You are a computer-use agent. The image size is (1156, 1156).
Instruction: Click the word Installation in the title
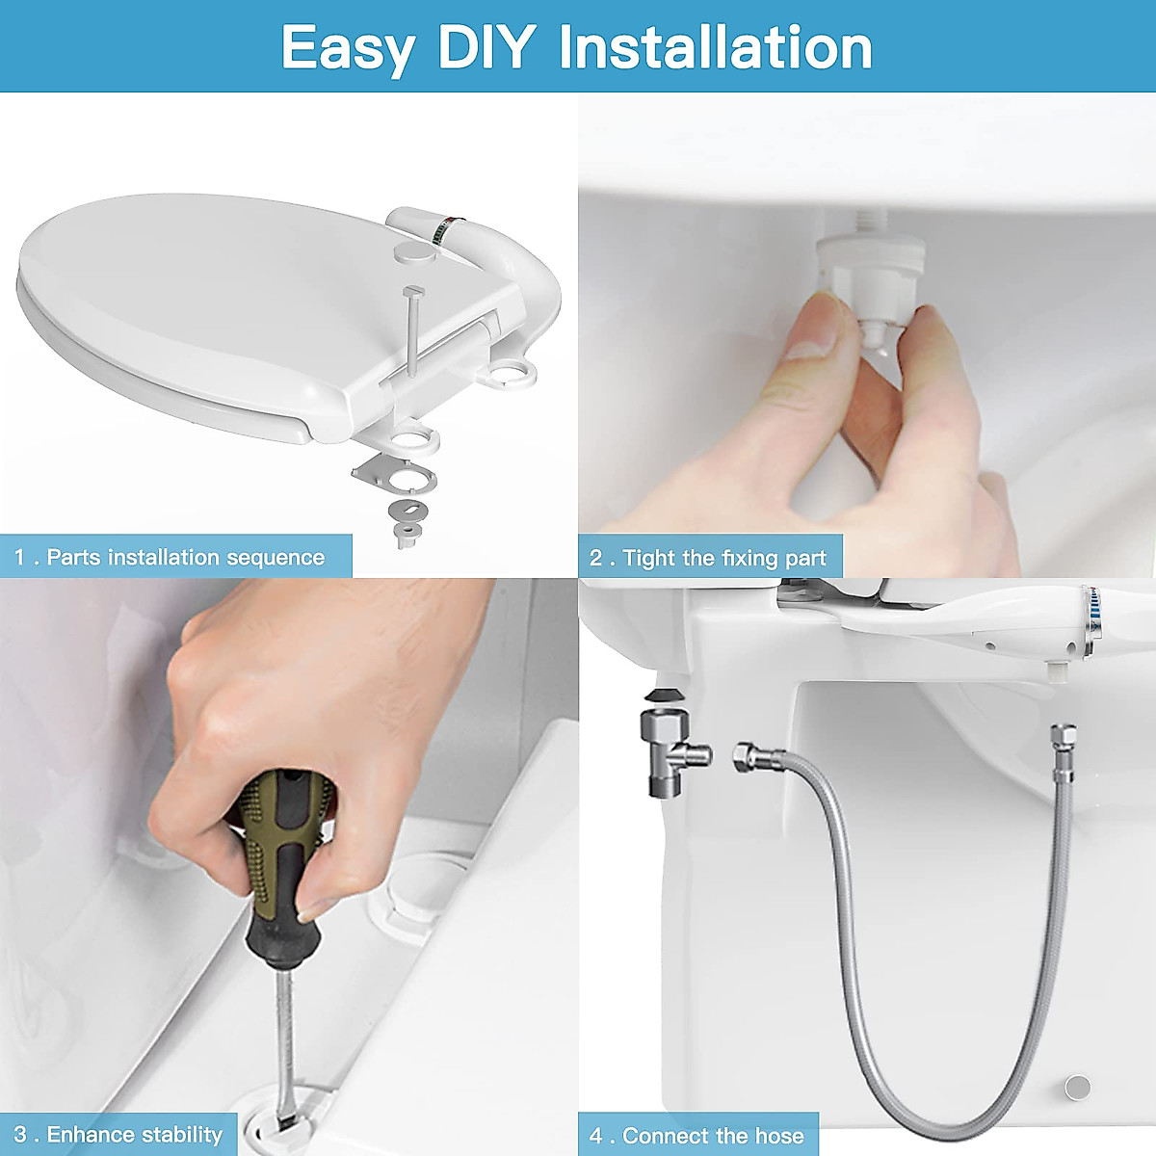[x=716, y=47]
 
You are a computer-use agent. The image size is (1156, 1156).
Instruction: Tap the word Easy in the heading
[x=349, y=47]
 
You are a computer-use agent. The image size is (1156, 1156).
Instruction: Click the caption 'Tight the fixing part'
[x=709, y=558]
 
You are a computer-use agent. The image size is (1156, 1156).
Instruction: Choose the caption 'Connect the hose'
[x=697, y=1136]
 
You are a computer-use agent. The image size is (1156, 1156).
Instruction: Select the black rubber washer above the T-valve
[x=661, y=696]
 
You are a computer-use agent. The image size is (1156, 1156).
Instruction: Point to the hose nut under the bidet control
[x=1063, y=742]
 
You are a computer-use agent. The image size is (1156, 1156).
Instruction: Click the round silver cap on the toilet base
[x=1077, y=1087]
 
